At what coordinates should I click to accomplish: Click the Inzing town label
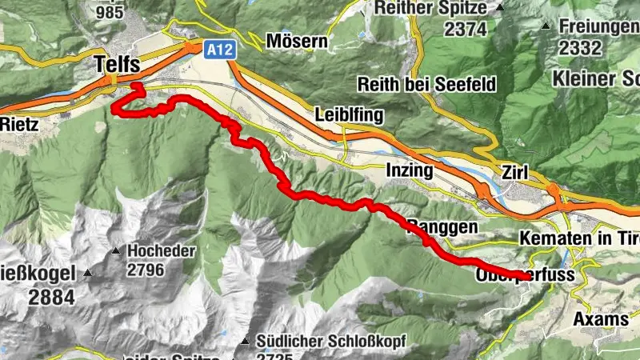tap(409, 170)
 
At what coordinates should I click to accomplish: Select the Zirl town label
tap(516, 172)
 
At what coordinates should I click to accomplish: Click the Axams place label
tap(602, 318)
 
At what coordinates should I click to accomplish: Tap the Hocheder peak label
tap(161, 251)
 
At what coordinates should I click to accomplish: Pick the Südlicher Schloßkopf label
tap(333, 342)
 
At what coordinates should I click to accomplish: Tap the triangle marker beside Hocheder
tap(117, 251)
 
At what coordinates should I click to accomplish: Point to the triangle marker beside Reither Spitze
tap(500, 7)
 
